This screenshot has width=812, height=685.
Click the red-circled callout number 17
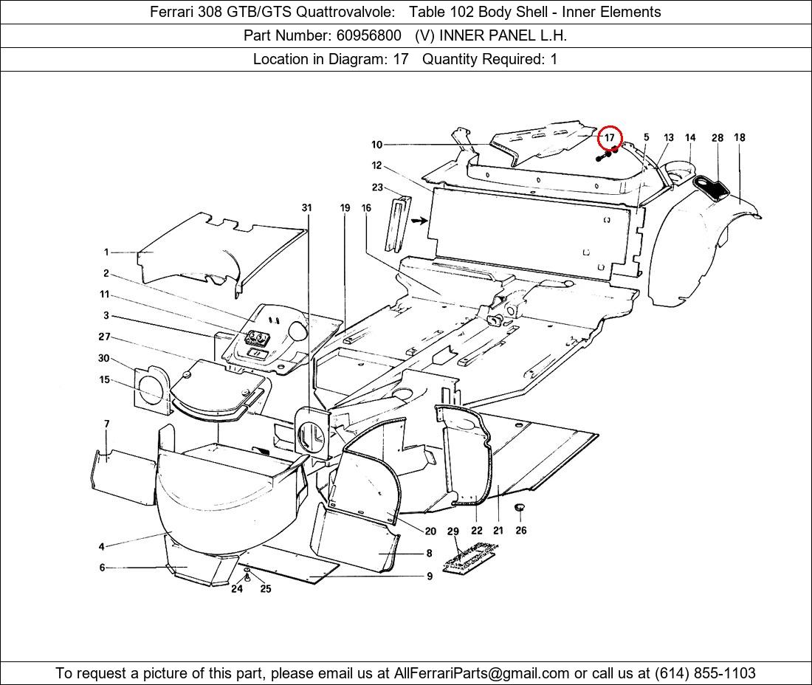pyautogui.click(x=610, y=138)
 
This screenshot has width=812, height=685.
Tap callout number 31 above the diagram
pyautogui.click(x=307, y=208)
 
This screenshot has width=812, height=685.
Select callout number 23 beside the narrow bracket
pyautogui.click(x=377, y=187)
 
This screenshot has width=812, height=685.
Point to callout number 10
pyautogui.click(x=377, y=145)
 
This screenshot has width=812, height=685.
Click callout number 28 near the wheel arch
pyautogui.click(x=718, y=138)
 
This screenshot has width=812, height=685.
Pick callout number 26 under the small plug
pyautogui.click(x=521, y=530)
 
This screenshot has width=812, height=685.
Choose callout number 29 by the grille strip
pyautogui.click(x=453, y=531)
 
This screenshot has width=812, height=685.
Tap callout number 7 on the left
pyautogui.click(x=107, y=424)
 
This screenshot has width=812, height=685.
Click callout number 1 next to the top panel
pyautogui.click(x=106, y=252)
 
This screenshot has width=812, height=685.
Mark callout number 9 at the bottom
pyautogui.click(x=430, y=576)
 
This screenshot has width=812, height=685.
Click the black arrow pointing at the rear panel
pyautogui.click(x=419, y=220)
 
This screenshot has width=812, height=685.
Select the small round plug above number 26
pyautogui.click(x=520, y=509)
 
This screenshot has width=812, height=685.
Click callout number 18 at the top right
pyautogui.click(x=740, y=137)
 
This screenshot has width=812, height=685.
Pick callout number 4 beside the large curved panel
pyautogui.click(x=101, y=547)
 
